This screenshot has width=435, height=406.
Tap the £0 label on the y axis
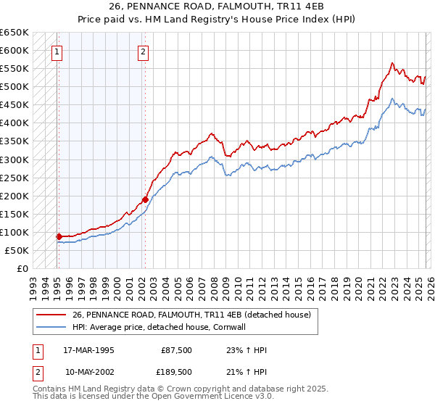22,268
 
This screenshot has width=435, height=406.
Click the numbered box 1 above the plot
57,51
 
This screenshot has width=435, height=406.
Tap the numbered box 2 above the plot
144,51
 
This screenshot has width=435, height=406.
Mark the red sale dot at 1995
59,236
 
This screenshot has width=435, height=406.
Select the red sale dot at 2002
145,199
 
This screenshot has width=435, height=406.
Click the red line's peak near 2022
391,63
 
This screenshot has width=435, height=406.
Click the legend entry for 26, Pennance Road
191,315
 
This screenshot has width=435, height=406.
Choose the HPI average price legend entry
169,327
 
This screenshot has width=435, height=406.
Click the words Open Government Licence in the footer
218,397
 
